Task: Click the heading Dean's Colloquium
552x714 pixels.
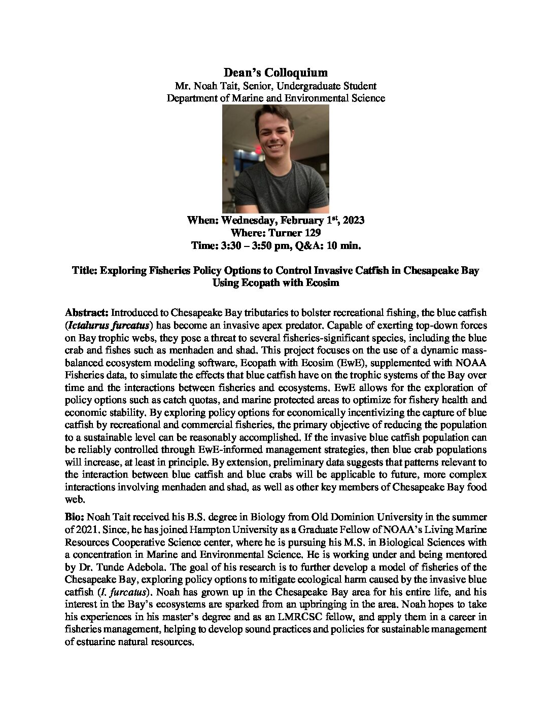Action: click(275, 73)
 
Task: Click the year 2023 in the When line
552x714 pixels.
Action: click(354, 221)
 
